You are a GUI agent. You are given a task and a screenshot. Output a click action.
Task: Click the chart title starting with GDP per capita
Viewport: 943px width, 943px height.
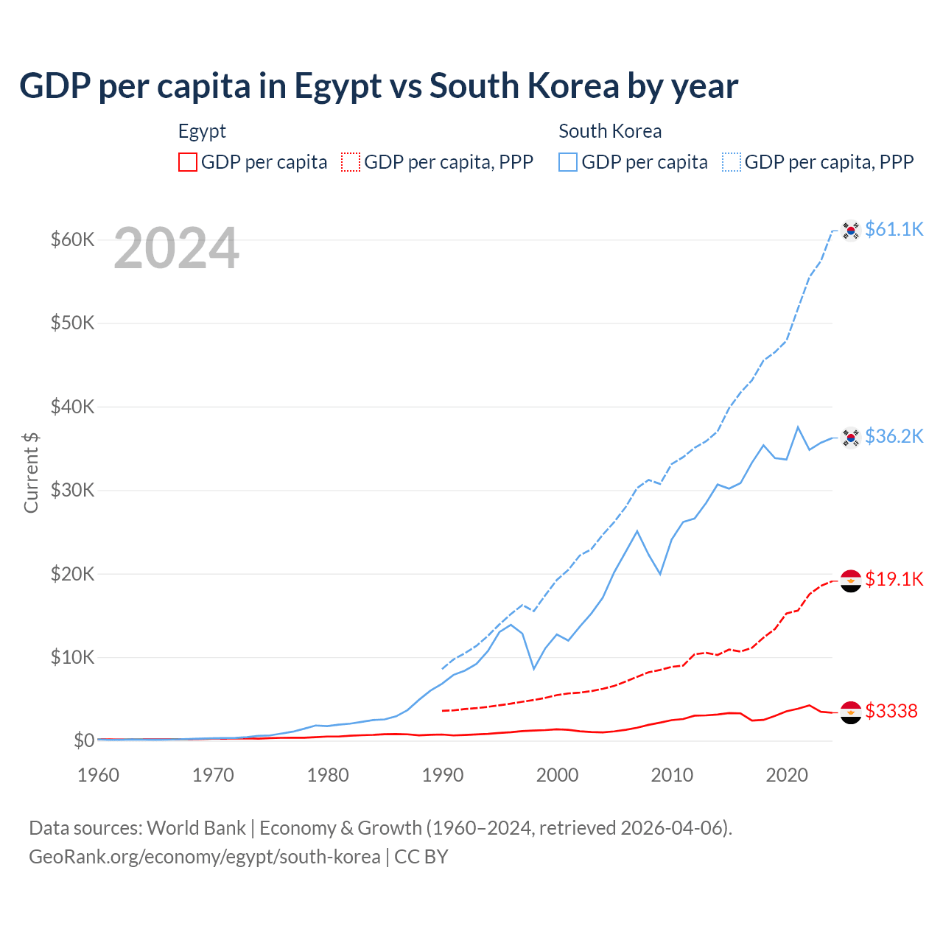pyautogui.click(x=379, y=86)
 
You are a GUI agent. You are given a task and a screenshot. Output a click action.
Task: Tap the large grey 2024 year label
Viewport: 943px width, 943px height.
pyautogui.click(x=176, y=249)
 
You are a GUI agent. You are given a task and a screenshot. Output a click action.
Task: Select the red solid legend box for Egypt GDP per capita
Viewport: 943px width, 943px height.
pyautogui.click(x=188, y=162)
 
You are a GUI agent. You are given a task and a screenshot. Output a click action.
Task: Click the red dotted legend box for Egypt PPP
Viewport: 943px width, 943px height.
pyautogui.click(x=351, y=162)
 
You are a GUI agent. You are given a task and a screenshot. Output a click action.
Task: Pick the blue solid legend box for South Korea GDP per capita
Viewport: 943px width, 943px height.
pyautogui.click(x=568, y=162)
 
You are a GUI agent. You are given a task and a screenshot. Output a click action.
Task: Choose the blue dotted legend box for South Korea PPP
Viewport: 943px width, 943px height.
pyautogui.click(x=732, y=162)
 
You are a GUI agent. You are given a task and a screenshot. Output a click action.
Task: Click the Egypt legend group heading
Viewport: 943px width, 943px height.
pyautogui.click(x=202, y=131)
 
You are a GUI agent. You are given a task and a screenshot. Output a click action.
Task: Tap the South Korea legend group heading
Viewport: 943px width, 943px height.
pyautogui.click(x=610, y=131)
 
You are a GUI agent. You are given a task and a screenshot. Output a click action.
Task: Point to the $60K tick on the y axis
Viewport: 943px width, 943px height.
pyautogui.click(x=72, y=239)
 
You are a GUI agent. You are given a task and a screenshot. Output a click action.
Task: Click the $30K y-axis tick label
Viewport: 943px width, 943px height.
pyautogui.click(x=72, y=490)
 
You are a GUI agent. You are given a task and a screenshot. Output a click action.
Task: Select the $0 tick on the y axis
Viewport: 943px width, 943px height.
pyautogui.click(x=84, y=740)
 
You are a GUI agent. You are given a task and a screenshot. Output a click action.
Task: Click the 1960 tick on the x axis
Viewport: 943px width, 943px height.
pyautogui.click(x=98, y=775)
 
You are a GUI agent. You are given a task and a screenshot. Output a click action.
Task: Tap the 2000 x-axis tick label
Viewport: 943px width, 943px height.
pyautogui.click(x=557, y=775)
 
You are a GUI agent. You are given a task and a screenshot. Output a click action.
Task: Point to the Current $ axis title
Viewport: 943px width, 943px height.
pyautogui.click(x=31, y=472)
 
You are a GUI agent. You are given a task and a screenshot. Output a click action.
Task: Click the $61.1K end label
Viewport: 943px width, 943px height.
pyautogui.click(x=894, y=229)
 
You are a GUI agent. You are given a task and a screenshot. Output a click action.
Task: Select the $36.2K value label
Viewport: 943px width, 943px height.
pyautogui.click(x=894, y=436)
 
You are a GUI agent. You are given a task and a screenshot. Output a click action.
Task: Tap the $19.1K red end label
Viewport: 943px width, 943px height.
pyautogui.click(x=894, y=579)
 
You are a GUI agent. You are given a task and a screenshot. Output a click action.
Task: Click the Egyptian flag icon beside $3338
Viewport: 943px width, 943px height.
pyautogui.click(x=851, y=712)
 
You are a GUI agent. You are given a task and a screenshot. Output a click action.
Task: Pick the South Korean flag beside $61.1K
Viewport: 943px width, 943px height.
pyautogui.click(x=851, y=231)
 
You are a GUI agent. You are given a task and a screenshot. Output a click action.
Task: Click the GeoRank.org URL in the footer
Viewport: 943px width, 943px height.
pyautogui.click(x=205, y=857)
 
